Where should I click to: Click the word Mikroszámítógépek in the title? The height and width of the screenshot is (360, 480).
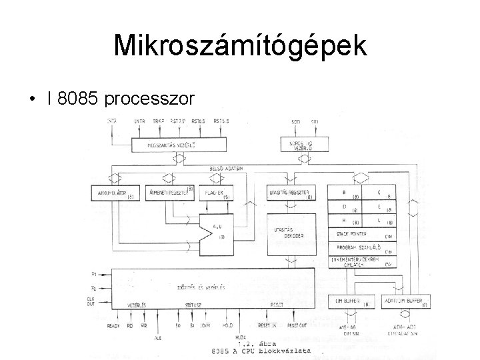tap(240, 46)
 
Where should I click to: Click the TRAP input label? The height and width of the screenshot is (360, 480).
tap(158, 121)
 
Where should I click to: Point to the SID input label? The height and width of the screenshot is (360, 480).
tap(314, 121)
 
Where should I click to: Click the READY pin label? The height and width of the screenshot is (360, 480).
tap(113, 325)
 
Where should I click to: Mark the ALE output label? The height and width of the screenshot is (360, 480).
tap(157, 338)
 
